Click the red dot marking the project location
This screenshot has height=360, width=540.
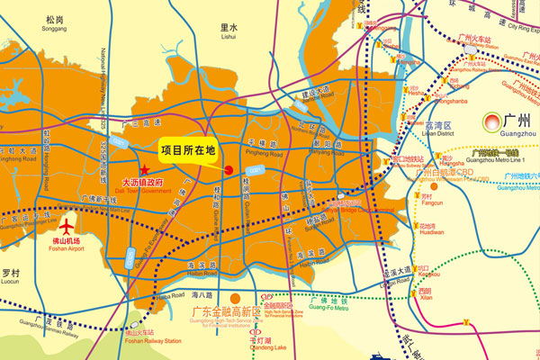tap(229, 169)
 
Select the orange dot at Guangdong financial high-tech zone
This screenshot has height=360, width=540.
tap(234, 297)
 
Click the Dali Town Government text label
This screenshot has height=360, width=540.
tap(147, 184)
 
